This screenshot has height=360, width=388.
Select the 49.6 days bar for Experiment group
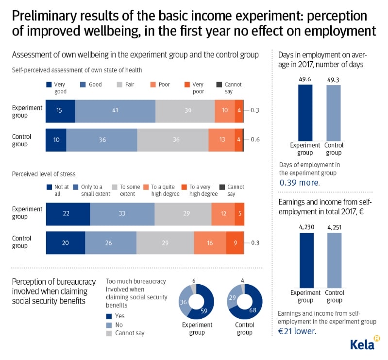point(305,112)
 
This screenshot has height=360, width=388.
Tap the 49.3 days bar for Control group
point(334,112)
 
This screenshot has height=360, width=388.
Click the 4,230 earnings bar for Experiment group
point(306,260)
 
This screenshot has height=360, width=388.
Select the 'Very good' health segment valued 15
point(60,111)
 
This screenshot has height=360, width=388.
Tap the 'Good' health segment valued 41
point(115,111)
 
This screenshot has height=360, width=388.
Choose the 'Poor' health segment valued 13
point(221,140)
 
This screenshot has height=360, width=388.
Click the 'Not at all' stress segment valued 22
point(68,214)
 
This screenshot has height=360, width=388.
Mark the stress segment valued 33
point(122,214)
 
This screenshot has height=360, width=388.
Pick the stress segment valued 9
point(235,243)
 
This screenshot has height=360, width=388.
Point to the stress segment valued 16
point(210,243)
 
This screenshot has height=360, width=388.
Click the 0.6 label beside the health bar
point(255,140)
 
